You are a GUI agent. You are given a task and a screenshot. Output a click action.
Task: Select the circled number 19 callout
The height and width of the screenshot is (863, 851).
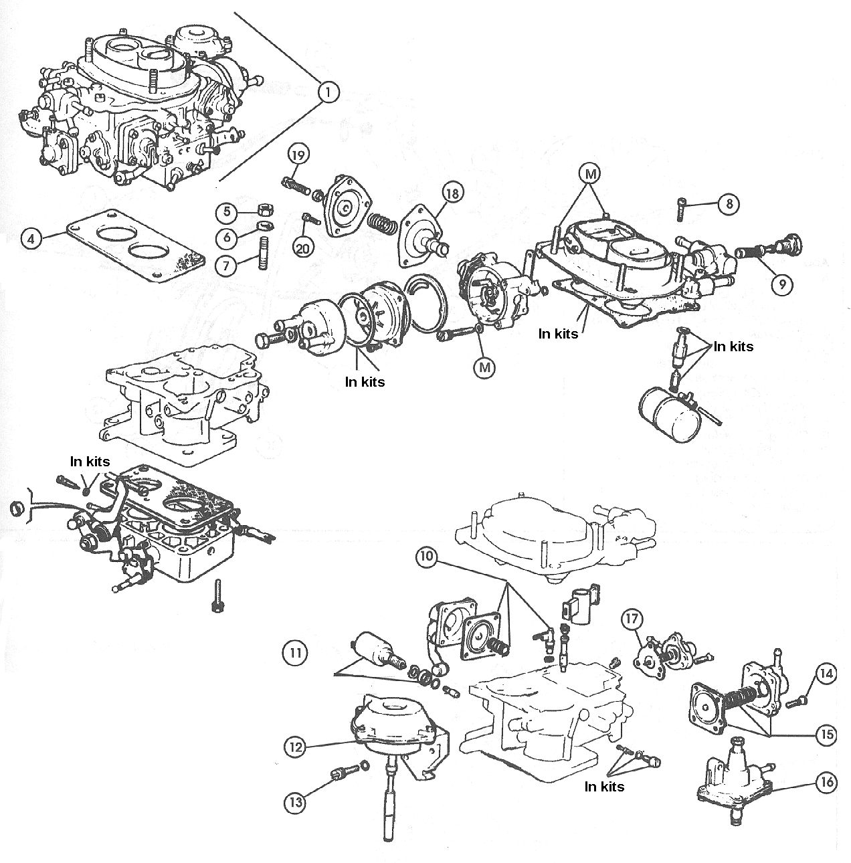[x=299, y=155]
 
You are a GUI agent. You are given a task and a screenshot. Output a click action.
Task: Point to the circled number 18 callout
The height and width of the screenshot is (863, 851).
[x=452, y=194]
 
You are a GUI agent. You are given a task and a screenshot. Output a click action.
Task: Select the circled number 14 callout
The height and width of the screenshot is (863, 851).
[x=826, y=674]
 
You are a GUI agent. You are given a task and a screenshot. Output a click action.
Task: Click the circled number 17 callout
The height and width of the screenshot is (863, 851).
[x=633, y=619]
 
